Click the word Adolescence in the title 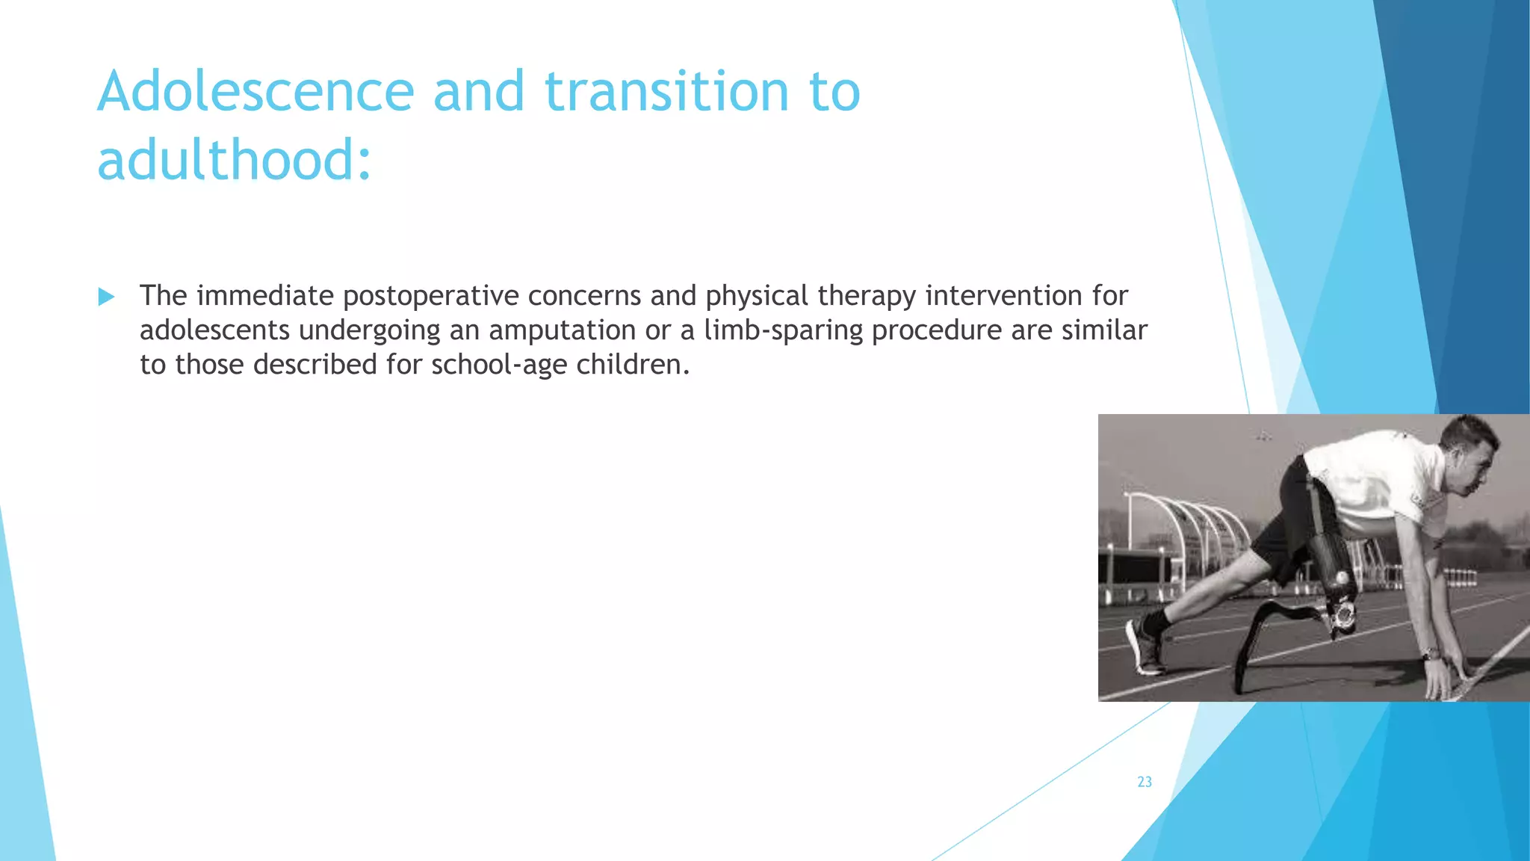255,91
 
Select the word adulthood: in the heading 234,160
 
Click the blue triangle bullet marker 106,297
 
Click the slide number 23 1145,782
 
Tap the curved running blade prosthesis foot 1270,635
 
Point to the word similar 1104,330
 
